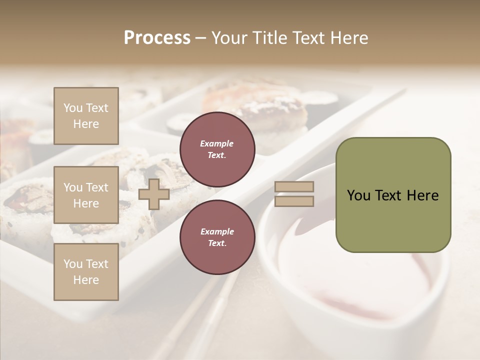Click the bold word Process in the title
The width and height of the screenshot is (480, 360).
pos(157,38)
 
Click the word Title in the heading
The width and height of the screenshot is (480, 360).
pos(270,38)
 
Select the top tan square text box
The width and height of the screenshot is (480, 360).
pos(86,116)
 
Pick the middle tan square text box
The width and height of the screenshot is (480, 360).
pos(86,195)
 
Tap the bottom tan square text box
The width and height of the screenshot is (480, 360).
pos(86,272)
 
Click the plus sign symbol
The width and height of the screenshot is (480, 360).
pos(153,194)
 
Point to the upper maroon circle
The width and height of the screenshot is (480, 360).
pos(217,149)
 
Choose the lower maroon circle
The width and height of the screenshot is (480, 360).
pos(217,237)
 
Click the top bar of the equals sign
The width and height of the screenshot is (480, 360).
pos(294,187)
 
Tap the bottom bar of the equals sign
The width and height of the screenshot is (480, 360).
pos(294,201)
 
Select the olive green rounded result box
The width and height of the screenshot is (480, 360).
pos(393,195)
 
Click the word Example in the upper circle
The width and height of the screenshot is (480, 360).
pos(217,143)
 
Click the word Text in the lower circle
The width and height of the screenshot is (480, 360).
pos(217,243)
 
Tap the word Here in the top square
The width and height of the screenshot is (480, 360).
pos(86,124)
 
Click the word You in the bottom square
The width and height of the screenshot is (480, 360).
pos(73,264)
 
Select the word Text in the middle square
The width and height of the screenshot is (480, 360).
pos(96,187)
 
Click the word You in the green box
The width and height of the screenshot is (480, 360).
pos(358,195)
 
